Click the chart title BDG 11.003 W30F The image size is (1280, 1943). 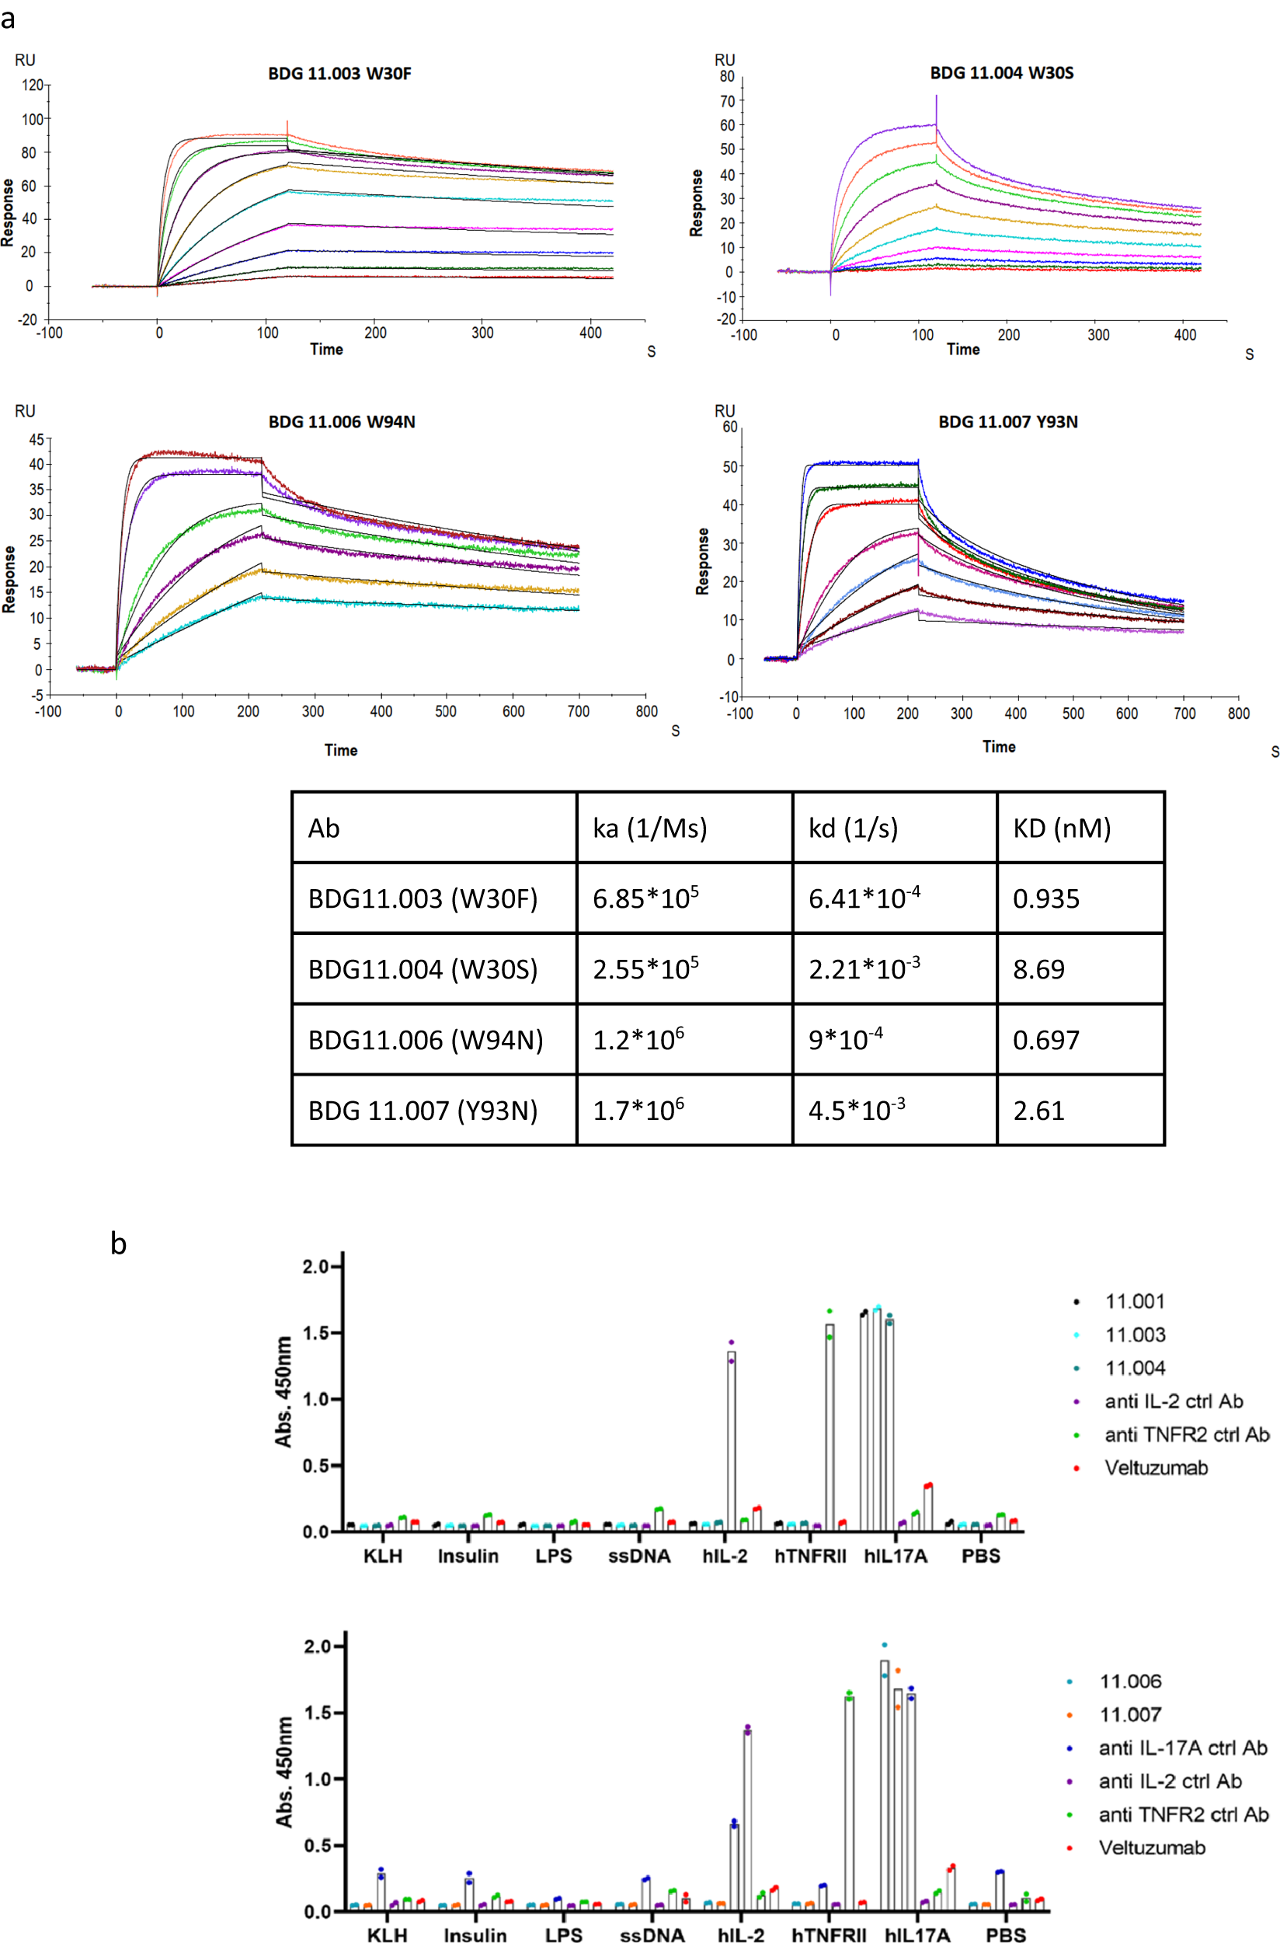click(x=339, y=74)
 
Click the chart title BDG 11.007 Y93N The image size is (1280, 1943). click(x=1007, y=422)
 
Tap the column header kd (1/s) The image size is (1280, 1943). click(x=852, y=829)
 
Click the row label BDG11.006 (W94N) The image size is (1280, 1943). click(x=426, y=1041)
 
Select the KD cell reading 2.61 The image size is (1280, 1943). click(x=1038, y=1111)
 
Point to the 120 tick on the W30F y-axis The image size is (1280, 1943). click(x=32, y=85)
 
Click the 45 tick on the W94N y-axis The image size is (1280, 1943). click(x=36, y=440)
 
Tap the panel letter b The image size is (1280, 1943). click(x=118, y=1244)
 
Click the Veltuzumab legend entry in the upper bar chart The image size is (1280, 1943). click(x=1155, y=1468)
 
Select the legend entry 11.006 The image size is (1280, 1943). click(x=1130, y=1682)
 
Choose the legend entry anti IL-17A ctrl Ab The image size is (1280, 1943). click(x=1182, y=1749)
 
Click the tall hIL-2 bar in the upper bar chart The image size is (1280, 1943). click(x=732, y=1442)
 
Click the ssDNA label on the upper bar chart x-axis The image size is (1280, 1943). click(x=639, y=1557)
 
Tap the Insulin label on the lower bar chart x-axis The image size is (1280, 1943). click(x=475, y=1934)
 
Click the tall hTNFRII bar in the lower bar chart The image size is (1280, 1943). click(x=849, y=1804)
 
